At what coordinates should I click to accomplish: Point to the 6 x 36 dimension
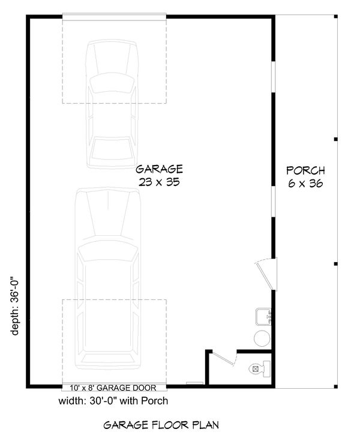tap(305, 184)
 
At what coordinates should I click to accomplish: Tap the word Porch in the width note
tap(155, 401)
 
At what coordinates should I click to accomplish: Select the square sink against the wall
tap(263, 316)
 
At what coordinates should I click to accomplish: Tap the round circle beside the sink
tap(262, 338)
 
